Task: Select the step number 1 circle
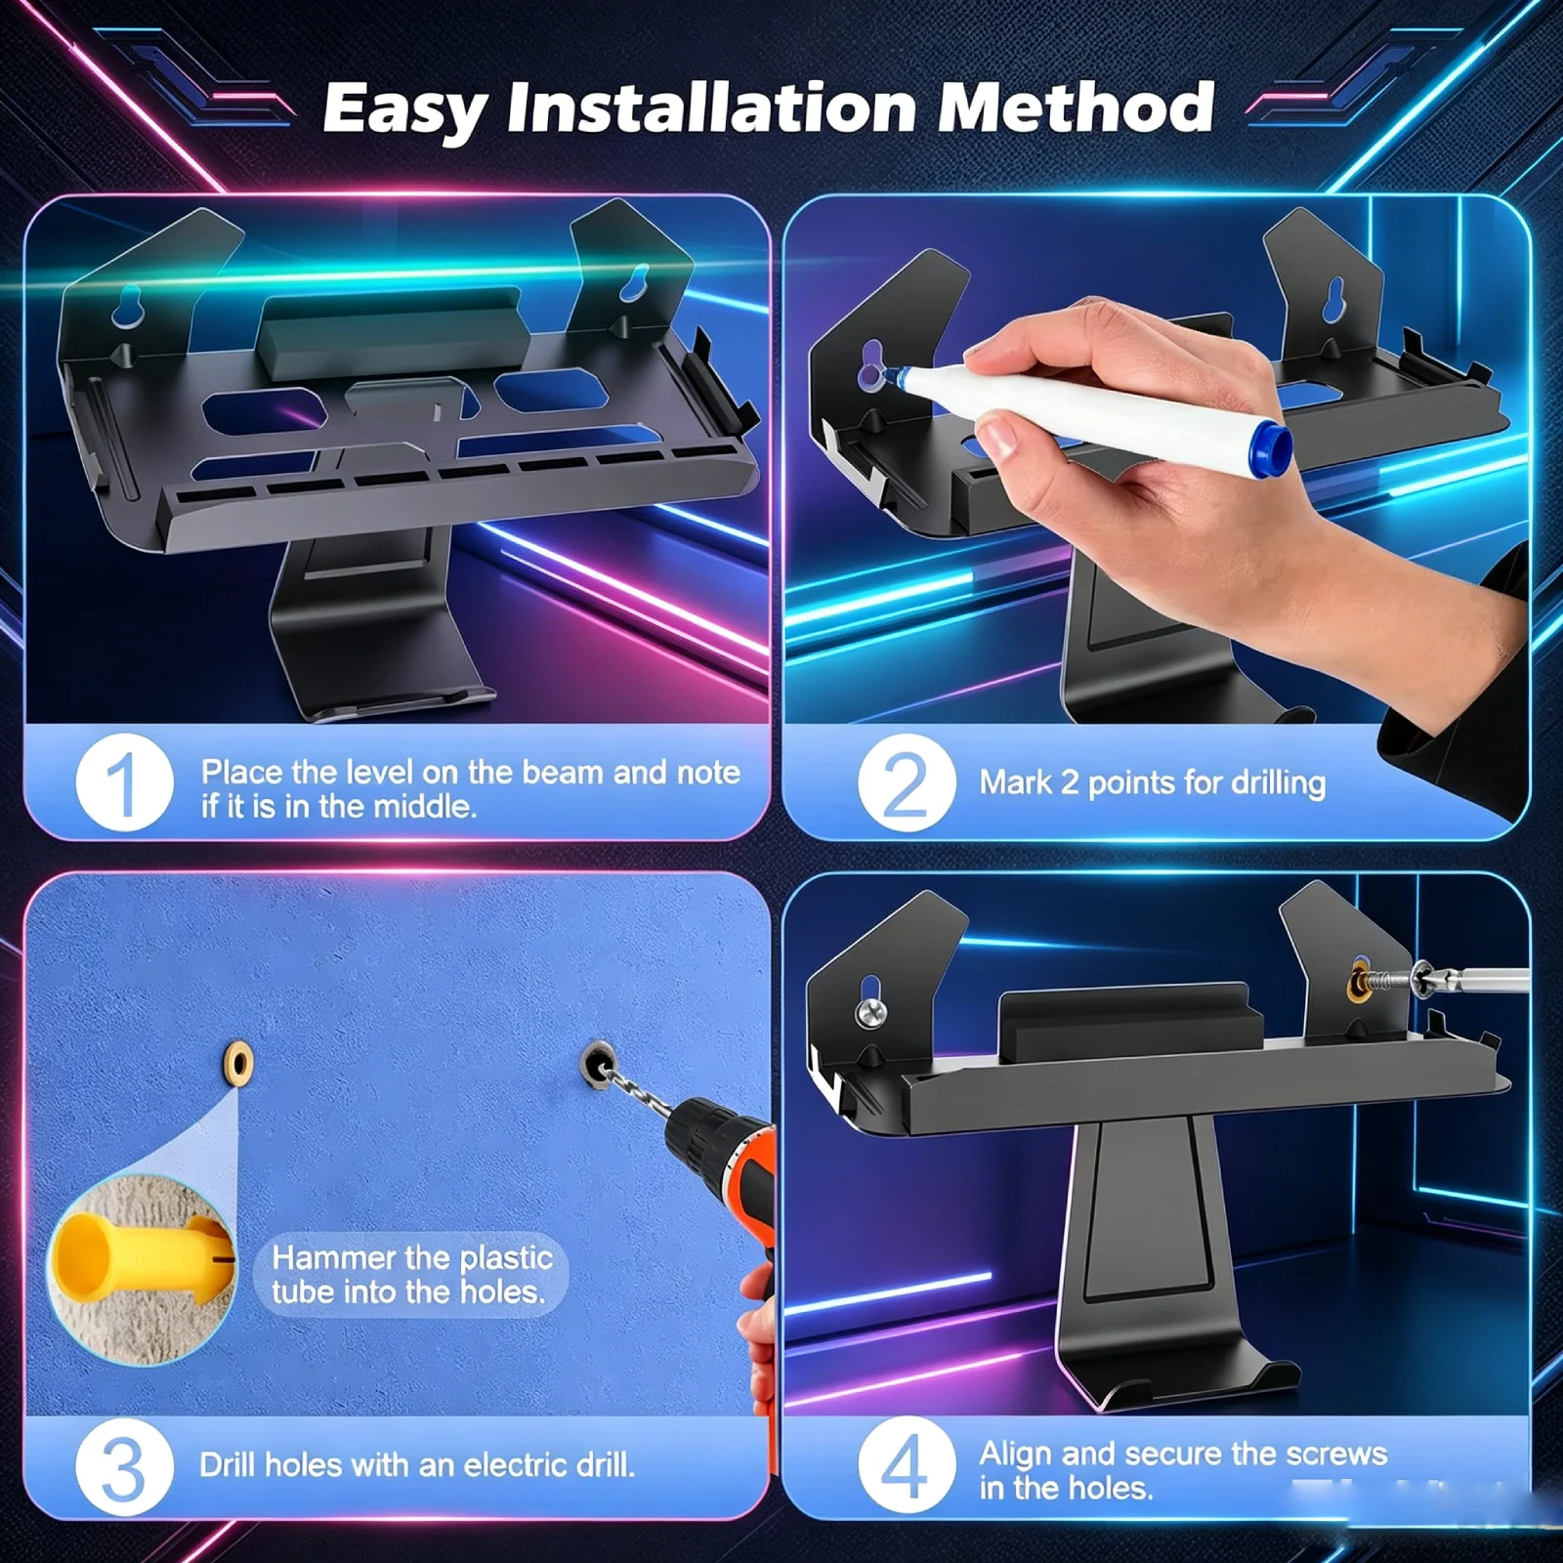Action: pyautogui.click(x=125, y=782)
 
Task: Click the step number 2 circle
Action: pyautogui.click(x=907, y=782)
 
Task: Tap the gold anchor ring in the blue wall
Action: pyautogui.click(x=237, y=1061)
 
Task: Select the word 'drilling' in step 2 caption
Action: pyautogui.click(x=1278, y=782)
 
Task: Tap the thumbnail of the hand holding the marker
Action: pyautogui.click(x=1157, y=459)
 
